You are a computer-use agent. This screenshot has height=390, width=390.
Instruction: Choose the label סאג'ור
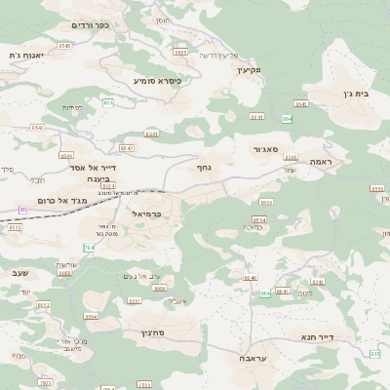(270, 149)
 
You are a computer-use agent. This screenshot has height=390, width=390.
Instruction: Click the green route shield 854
(107, 102)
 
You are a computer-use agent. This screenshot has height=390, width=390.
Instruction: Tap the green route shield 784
(89, 249)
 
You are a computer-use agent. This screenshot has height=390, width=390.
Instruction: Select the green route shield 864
(287, 119)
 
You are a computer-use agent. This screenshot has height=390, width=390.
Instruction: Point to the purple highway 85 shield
(22, 209)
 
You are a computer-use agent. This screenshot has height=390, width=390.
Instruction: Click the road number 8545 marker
(64, 46)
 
